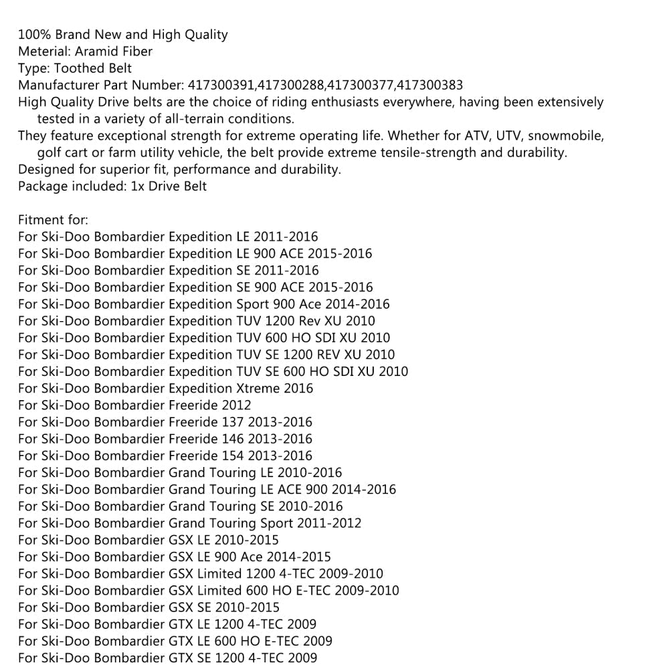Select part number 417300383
coord(429,85)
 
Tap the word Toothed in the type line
coord(77,68)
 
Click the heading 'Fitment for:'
coord(53,220)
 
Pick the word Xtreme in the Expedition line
coord(258,388)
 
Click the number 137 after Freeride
coord(233,422)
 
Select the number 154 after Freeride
coord(233,456)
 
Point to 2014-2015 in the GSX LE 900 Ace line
coord(299,557)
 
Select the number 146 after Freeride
coord(233,439)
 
